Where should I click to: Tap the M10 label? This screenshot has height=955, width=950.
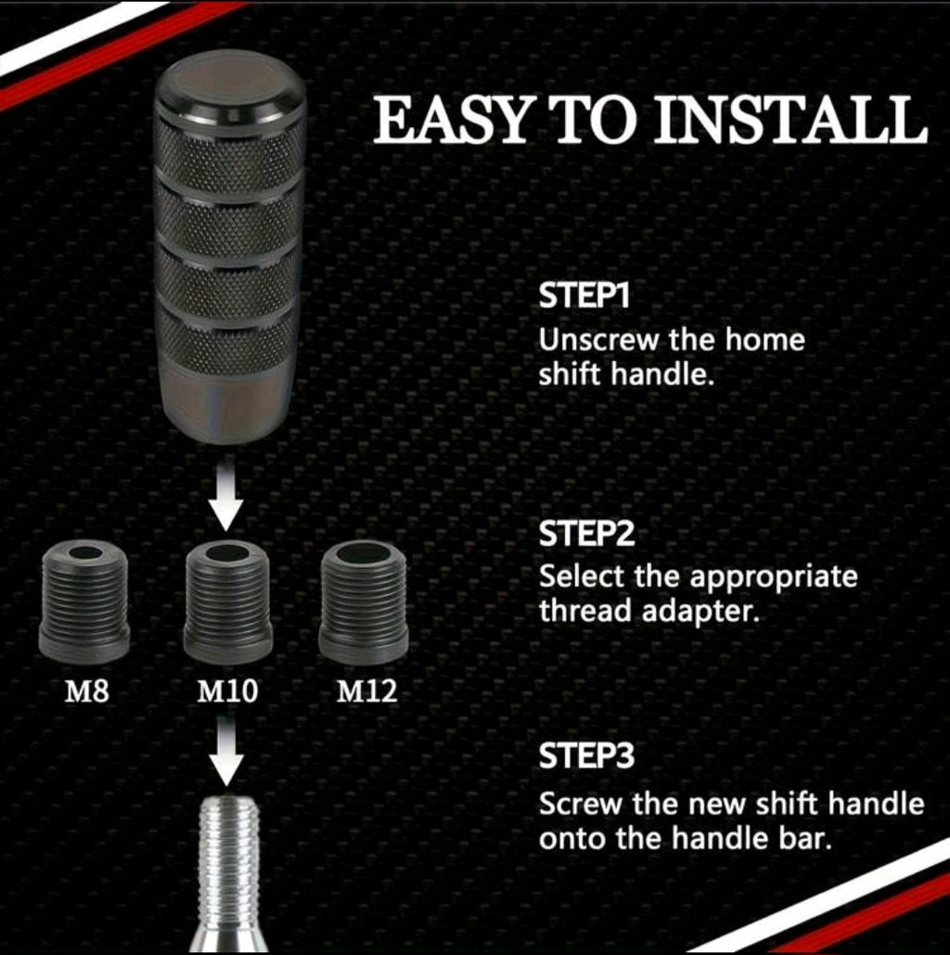tap(227, 691)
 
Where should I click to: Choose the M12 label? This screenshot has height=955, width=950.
tap(366, 691)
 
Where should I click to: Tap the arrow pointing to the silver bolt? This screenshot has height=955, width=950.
tap(225, 754)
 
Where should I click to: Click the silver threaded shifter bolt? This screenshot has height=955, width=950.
tap(227, 863)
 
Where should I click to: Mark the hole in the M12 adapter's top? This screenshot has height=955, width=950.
tap(363, 553)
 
